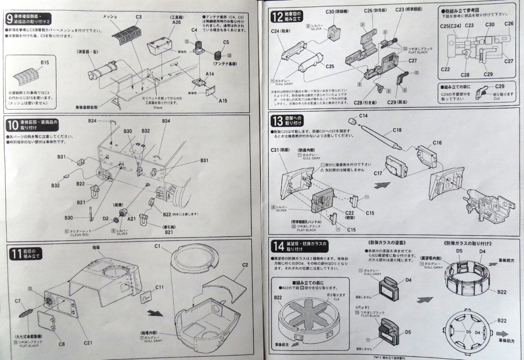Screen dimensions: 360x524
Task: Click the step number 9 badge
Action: (9, 19)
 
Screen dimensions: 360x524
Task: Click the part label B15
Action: (45, 63)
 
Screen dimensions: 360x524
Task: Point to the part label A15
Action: (223, 101)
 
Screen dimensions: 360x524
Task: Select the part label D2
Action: (106, 218)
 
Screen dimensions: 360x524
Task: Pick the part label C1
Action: (157, 246)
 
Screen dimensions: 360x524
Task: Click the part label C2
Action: (245, 265)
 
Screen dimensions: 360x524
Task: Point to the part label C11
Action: (159, 288)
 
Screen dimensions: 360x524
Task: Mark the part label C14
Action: (363, 116)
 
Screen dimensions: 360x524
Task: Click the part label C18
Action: (397, 130)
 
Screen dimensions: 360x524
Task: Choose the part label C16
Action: (437, 143)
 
